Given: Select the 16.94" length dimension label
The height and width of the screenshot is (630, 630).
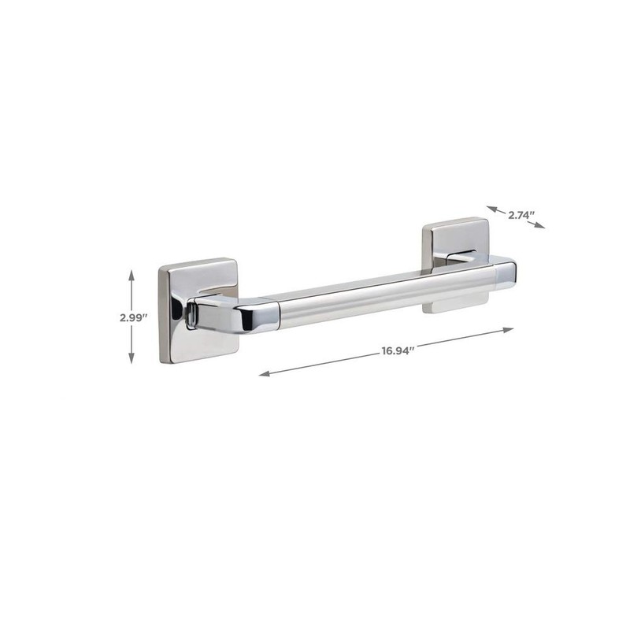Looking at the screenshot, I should tap(398, 351).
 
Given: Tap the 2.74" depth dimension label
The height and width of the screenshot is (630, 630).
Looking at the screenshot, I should tap(521, 213).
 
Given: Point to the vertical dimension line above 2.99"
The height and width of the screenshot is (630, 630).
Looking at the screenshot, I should tap(132, 291).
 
